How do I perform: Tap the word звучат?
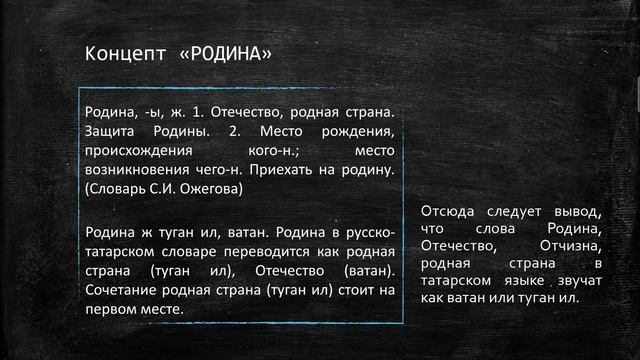pyautogui.click(x=577, y=279)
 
